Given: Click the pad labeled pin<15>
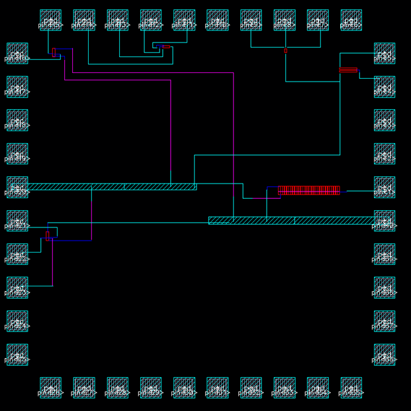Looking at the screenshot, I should click(x=50, y=20).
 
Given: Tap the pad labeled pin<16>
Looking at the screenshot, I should click(x=17, y=53).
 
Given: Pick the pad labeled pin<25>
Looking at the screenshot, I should click(x=17, y=354).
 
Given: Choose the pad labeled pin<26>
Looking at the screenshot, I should click(x=50, y=387).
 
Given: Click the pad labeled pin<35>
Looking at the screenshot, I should click(x=351, y=387).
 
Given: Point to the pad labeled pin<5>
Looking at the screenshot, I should click(x=385, y=53).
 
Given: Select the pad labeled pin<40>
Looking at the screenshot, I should click(x=385, y=220).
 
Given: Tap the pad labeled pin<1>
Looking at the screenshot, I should click(x=385, y=187).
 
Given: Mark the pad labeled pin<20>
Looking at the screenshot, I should click(x=17, y=187).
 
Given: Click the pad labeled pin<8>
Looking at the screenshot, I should click(x=285, y=20).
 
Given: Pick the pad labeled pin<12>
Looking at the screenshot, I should click(x=151, y=20).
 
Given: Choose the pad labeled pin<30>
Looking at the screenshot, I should click(x=184, y=387).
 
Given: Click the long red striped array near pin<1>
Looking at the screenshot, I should click(x=308, y=190).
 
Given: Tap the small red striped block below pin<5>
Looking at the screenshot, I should click(x=348, y=70).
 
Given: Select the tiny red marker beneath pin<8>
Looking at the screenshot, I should click(x=285, y=50).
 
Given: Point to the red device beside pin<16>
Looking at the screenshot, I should click(x=54, y=52).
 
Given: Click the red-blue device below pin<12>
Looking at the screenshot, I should click(x=164, y=47).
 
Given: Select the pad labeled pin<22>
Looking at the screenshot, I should click(x=17, y=254).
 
